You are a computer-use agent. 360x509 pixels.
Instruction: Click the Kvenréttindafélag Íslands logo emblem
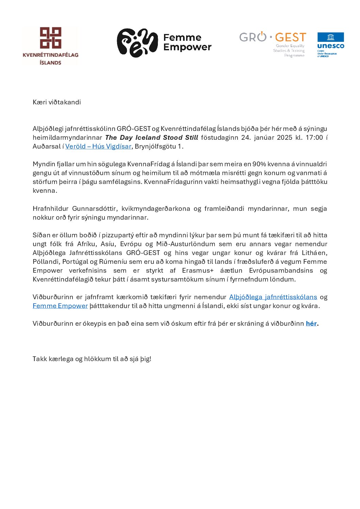pyautogui.click(x=51, y=38)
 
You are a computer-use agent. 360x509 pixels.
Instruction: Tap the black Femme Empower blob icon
pyautogui.click(x=137, y=43)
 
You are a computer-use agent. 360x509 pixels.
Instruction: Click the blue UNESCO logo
pyautogui.click(x=330, y=45)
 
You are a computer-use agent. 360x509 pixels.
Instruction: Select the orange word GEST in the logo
pyautogui.click(x=291, y=37)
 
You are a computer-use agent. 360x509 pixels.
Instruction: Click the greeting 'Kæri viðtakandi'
pyautogui.click(x=57, y=102)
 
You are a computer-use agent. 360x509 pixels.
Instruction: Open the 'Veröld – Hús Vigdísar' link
pyautogui.click(x=98, y=147)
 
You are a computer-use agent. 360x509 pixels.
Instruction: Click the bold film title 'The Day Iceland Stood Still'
pyautogui.click(x=152, y=138)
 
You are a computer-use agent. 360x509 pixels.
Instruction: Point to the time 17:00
pyautogui.click(x=314, y=138)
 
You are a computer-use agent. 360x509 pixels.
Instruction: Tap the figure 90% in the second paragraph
pyautogui.click(x=259, y=164)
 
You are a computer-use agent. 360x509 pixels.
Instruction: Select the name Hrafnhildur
pyautogui.click(x=50, y=209)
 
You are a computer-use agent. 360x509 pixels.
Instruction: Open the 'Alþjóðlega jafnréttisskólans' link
pyautogui.click(x=273, y=297)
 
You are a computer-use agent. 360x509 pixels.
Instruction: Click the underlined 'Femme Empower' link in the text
pyautogui.click(x=60, y=306)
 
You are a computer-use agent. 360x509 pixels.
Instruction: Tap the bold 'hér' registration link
pyautogui.click(x=311, y=324)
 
